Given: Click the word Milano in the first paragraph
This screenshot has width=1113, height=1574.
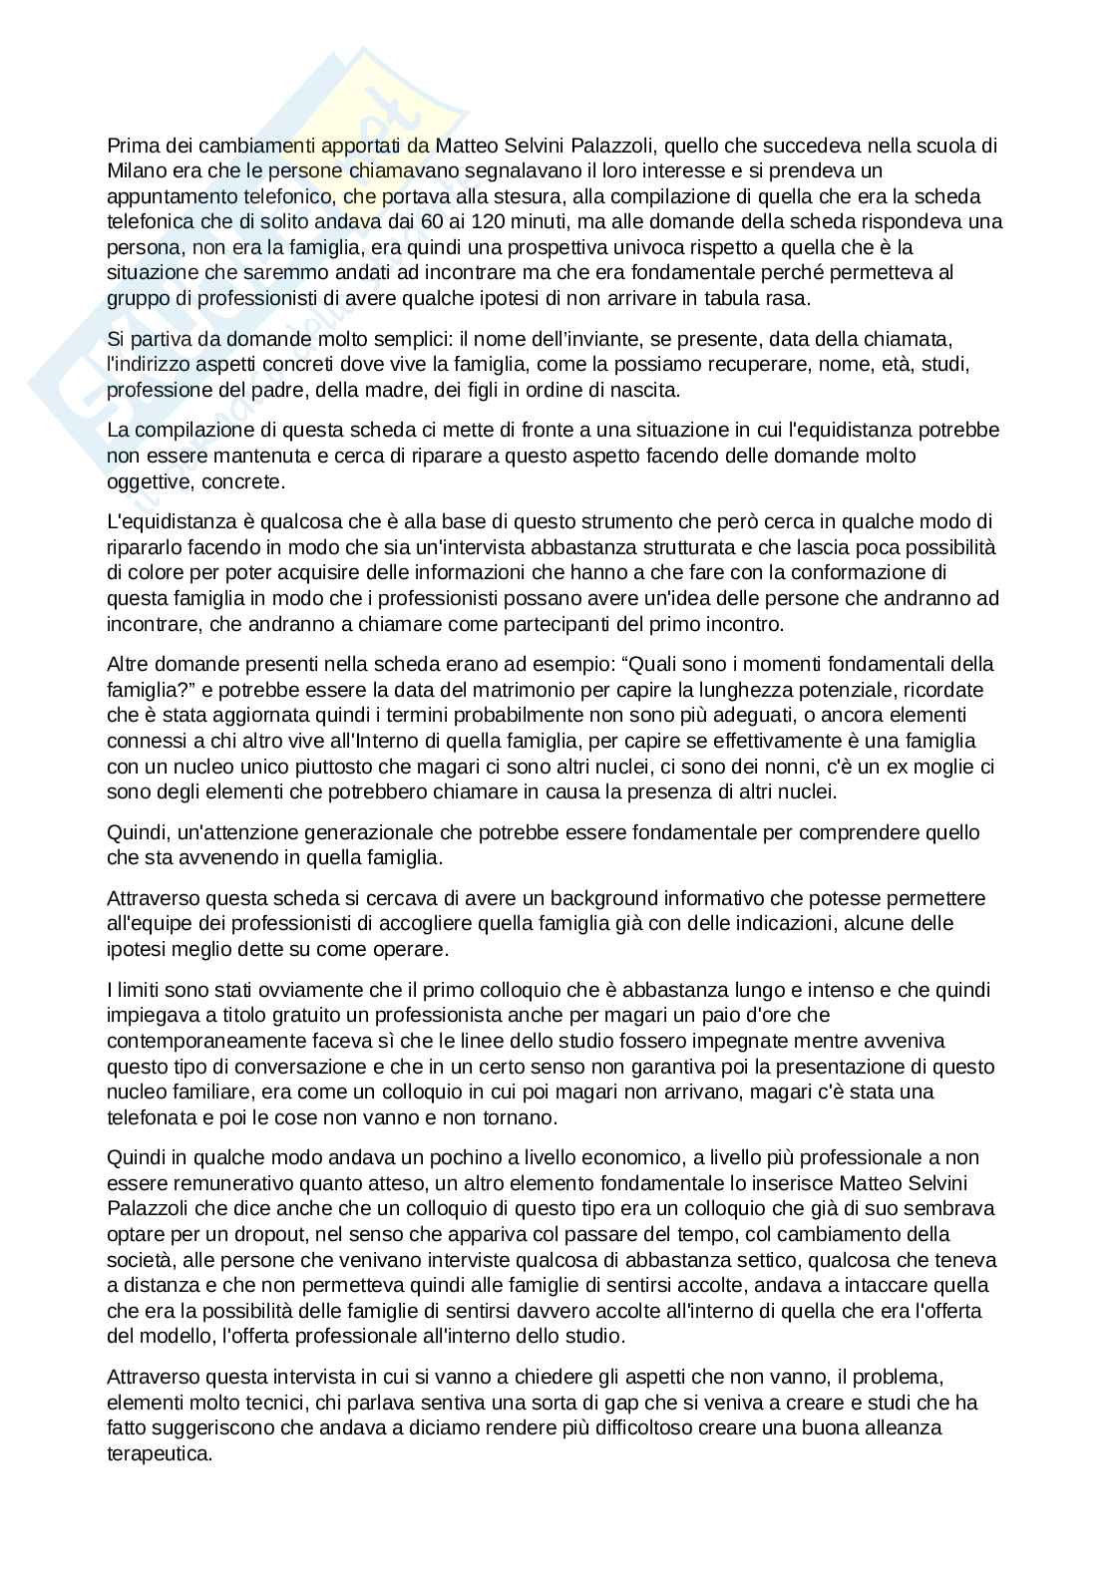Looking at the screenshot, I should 134,170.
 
